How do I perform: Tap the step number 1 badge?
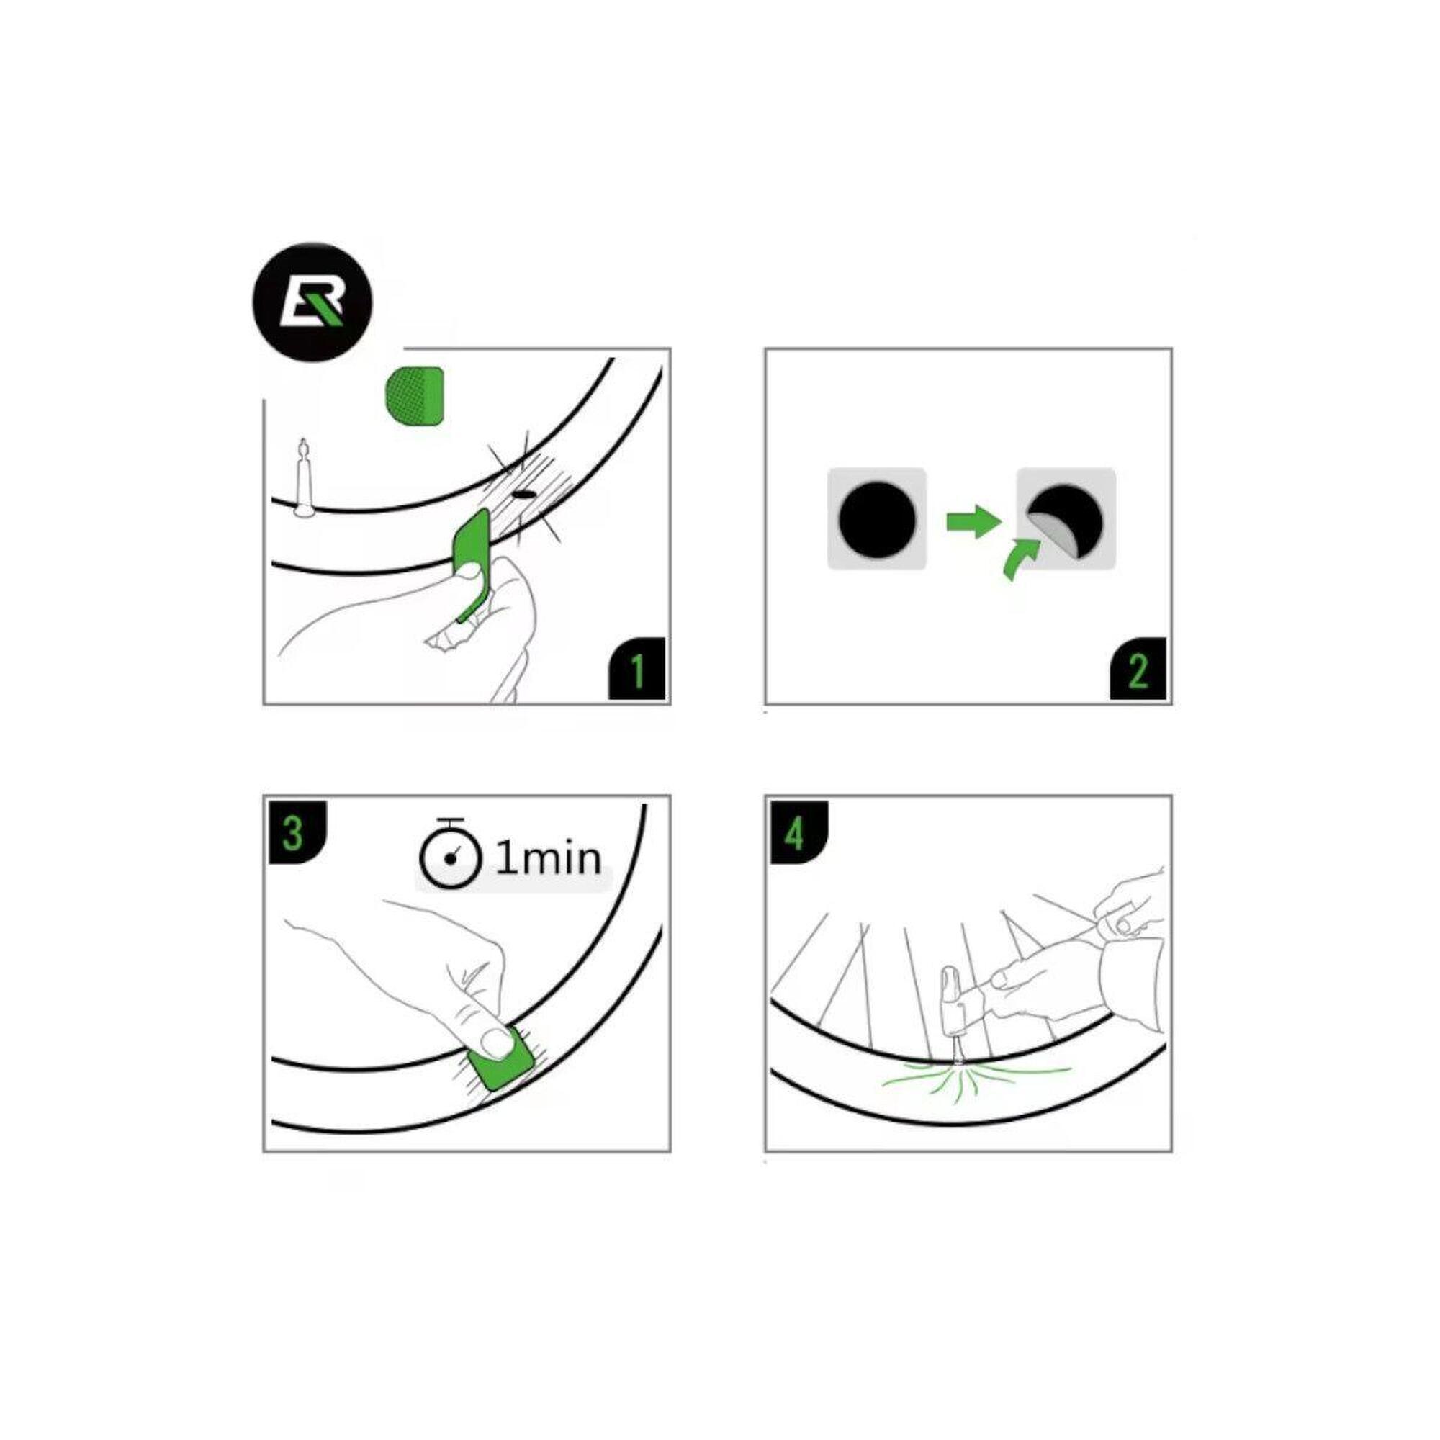tap(636, 669)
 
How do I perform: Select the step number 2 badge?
tap(1138, 669)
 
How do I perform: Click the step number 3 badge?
tap(297, 832)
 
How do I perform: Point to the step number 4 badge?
tap(799, 832)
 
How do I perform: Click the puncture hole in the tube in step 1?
tap(524, 494)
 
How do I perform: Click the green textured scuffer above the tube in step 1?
tap(415, 395)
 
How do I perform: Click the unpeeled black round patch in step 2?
tap(877, 518)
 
